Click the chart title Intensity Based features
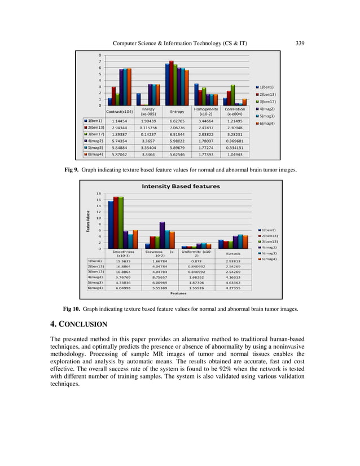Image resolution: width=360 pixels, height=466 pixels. [x=181, y=186]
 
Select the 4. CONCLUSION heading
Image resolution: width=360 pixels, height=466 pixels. [x=78, y=324]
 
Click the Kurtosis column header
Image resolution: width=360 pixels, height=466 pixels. [x=232, y=253]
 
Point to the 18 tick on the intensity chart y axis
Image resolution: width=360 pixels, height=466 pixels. [x=98, y=193]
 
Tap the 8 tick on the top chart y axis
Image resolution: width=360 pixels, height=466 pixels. [x=100, y=55]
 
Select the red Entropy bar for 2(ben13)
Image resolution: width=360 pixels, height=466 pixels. [x=171, y=82]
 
